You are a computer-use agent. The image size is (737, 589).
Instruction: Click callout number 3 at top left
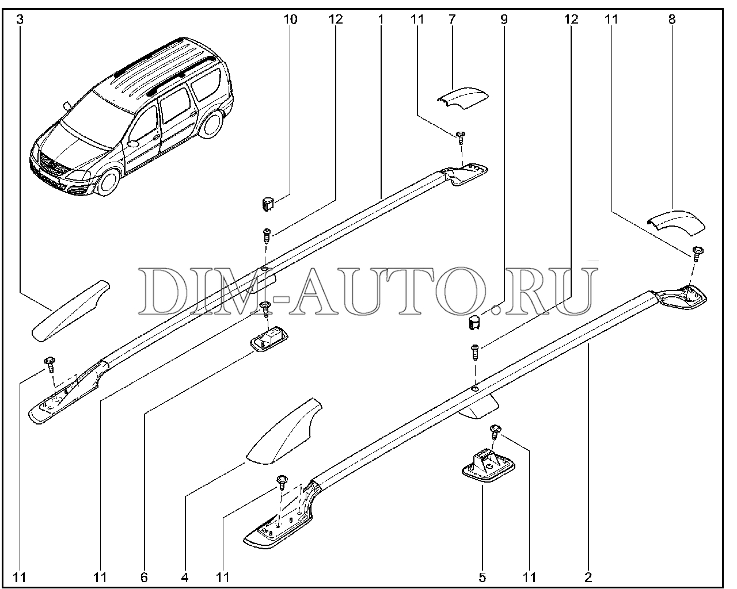tap(20, 20)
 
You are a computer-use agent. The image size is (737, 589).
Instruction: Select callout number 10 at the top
tap(290, 20)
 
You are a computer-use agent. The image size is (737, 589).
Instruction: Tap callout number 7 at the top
tap(452, 20)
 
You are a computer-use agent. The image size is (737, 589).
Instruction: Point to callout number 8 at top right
tap(672, 20)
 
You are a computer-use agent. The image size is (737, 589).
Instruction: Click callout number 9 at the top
tap(504, 20)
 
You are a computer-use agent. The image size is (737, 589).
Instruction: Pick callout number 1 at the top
tap(381, 20)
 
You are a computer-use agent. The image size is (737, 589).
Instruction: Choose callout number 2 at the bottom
tap(588, 577)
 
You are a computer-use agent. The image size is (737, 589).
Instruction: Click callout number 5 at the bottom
tap(482, 577)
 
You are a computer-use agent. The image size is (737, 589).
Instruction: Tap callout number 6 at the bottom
tap(144, 577)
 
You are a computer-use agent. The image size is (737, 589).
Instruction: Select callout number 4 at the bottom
tap(185, 577)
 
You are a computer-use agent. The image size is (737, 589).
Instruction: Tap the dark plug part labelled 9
tap(474, 323)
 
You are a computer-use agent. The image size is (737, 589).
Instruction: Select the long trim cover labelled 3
tap(70, 311)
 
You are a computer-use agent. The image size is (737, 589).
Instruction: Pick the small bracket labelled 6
tap(269, 339)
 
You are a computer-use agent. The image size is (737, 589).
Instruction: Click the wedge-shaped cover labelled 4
tap(284, 432)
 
